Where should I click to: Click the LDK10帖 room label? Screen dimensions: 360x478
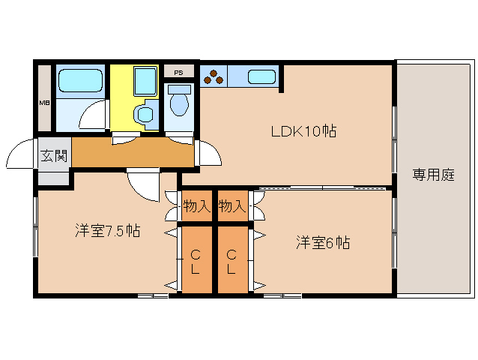pos(303,132)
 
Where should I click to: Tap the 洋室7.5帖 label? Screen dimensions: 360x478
pos(107,231)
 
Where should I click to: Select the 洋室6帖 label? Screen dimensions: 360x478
pos(323,242)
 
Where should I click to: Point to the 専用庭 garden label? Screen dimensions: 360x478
pos(433,175)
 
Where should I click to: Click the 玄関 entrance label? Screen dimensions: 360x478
pos(53,157)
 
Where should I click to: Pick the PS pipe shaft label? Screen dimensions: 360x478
pos(178,73)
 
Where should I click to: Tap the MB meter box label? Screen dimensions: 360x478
pos(44,102)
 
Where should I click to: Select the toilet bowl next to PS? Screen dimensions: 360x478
pos(178,102)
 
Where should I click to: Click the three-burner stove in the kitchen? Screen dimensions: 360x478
pos(214,76)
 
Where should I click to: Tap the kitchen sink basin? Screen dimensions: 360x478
pos(261,76)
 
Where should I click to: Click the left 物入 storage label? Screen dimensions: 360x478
pos(196,205)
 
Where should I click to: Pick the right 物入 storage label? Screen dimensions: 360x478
pos(232,205)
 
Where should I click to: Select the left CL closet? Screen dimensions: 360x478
pos(196,259)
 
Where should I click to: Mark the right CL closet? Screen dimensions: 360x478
pos(232,259)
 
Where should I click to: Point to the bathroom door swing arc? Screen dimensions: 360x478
pos(94,117)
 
